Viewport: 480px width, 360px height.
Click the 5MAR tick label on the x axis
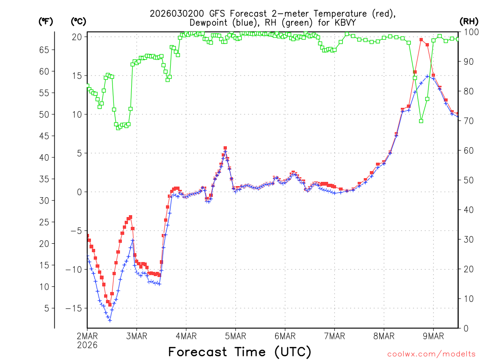click(235, 336)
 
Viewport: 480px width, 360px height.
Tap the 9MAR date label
click(433, 336)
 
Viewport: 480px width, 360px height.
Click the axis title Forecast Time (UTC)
click(240, 352)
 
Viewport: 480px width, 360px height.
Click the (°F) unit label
click(45, 22)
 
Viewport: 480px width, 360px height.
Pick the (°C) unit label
click(78, 22)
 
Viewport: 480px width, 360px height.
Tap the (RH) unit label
click(468, 22)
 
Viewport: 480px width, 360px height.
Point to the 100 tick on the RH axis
click(468, 32)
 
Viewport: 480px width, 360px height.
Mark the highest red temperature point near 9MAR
click(421, 40)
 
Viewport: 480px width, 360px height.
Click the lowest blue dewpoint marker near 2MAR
click(110, 321)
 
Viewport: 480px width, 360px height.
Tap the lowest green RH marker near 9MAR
click(421, 121)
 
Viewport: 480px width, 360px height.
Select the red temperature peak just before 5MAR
click(225, 148)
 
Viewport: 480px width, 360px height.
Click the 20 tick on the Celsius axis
click(77, 37)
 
